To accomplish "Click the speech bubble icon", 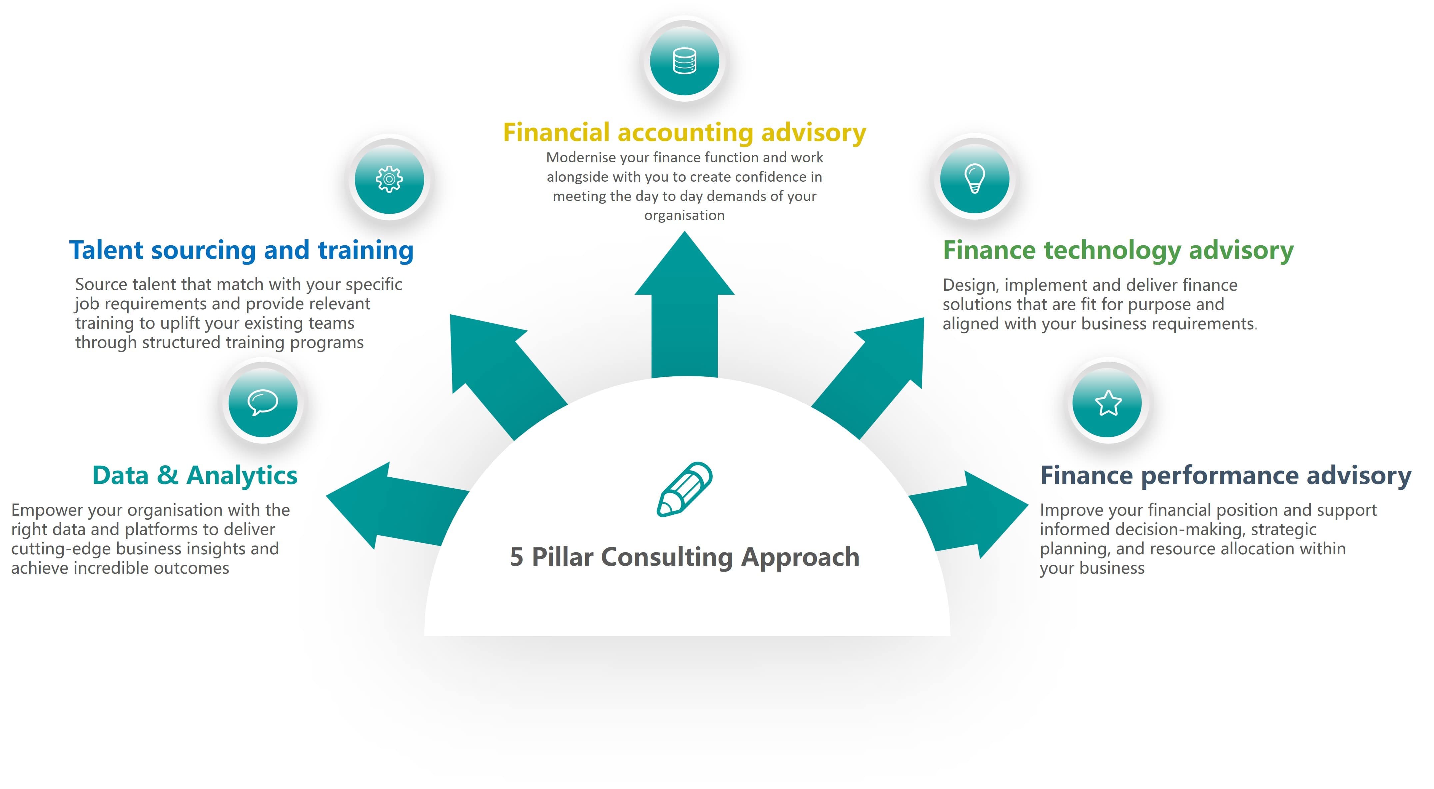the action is point(263,402).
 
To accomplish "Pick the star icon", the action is point(1108,403).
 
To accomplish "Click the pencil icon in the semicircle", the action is point(685,489).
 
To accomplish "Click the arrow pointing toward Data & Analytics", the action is point(398,505).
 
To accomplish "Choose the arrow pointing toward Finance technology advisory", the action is point(868,379).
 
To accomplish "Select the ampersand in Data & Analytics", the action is point(167,476).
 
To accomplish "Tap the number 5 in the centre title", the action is point(517,557).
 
